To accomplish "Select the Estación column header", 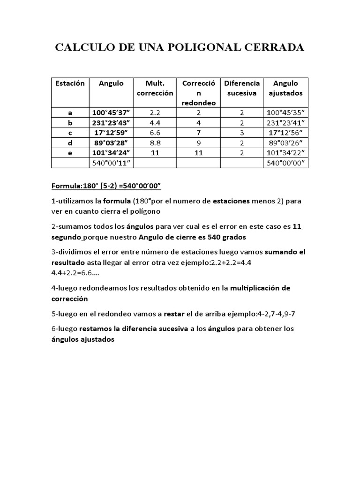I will pyautogui.click(x=70, y=83).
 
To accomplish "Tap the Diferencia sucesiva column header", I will pyautogui.click(x=241, y=88).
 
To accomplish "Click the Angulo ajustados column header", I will pyautogui.click(x=285, y=88).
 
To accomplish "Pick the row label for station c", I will pyautogui.click(x=70, y=133).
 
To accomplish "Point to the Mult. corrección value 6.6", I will pyautogui.click(x=155, y=133).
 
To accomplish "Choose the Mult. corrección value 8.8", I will pyautogui.click(x=155, y=142).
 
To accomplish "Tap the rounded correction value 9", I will pyautogui.click(x=198, y=142).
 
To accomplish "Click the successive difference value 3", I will pyautogui.click(x=241, y=133).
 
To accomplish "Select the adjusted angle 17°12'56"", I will pyautogui.click(x=285, y=133).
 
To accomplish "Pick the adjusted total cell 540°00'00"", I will pyautogui.click(x=285, y=163).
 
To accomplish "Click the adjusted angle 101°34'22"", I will pyautogui.click(x=285, y=153).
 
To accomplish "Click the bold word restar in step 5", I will pyautogui.click(x=174, y=314).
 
